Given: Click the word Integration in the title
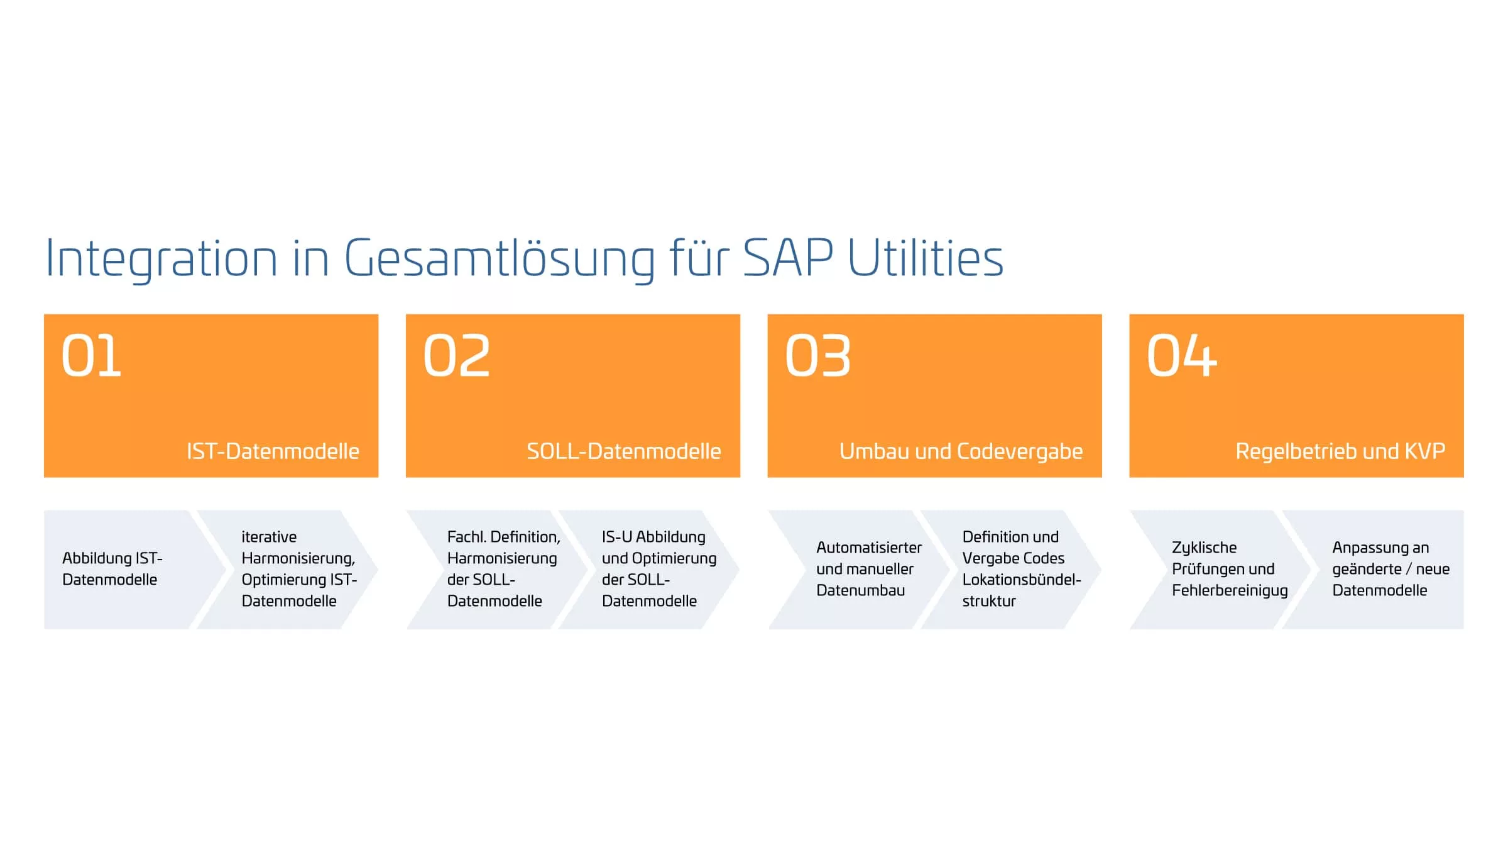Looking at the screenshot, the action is [161, 258].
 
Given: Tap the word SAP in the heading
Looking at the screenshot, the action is [788, 257].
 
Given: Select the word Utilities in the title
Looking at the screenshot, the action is [926, 257].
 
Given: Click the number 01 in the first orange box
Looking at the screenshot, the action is [91, 356].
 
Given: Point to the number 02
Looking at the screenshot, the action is [457, 356].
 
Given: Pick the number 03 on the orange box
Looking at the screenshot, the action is [818, 356].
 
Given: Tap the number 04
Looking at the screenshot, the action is [1182, 356].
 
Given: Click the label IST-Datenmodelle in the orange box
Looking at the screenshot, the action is [273, 451].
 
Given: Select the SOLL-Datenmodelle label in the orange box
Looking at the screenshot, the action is [624, 451].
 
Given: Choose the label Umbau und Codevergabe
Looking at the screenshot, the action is [961, 451].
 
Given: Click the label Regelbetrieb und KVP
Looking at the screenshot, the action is [1340, 451].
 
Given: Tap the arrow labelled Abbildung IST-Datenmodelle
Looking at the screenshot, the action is [126, 570].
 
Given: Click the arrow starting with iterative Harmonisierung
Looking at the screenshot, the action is [288, 570].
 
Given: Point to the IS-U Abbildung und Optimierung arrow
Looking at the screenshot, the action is [649, 570].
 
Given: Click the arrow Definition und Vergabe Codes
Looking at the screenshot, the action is [1011, 570].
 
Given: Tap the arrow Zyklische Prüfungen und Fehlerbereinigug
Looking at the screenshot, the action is [1221, 570].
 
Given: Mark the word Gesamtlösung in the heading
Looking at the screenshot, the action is [500, 258].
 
